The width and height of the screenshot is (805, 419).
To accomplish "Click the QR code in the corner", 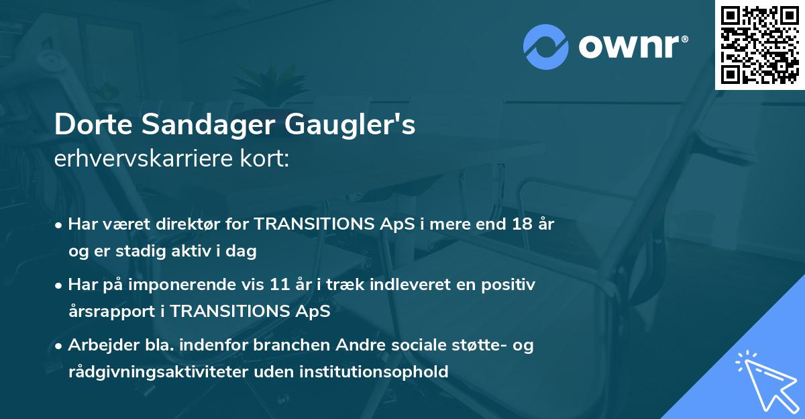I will point(760,44).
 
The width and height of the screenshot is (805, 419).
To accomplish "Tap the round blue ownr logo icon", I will point(545,46).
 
